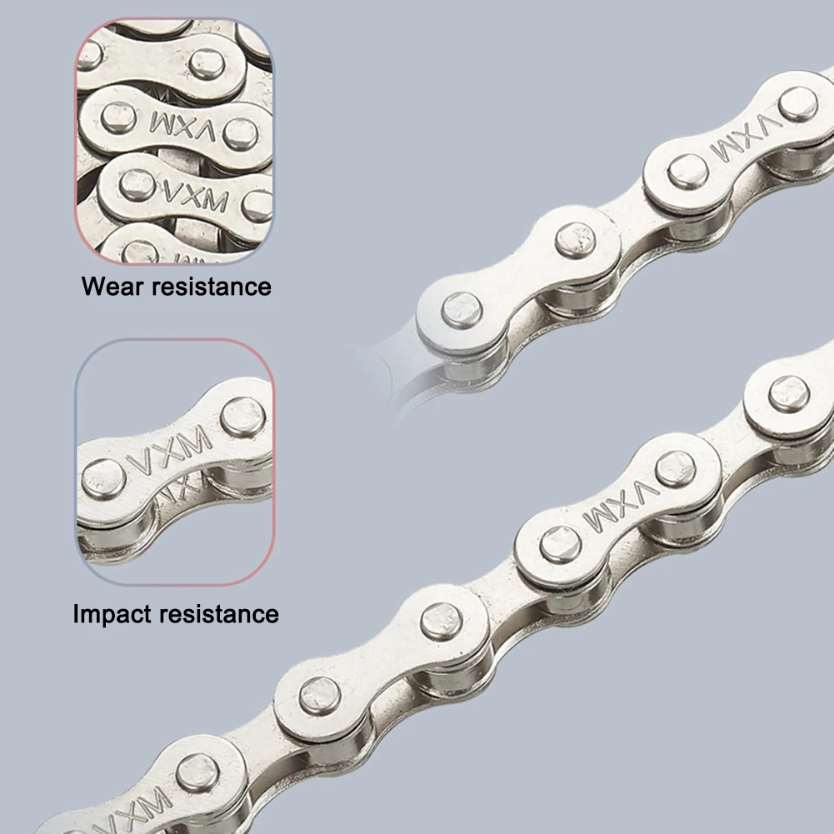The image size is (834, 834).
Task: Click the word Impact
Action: (112, 615)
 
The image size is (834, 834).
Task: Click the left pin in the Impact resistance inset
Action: (104, 478)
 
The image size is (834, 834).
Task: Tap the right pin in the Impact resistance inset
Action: (242, 416)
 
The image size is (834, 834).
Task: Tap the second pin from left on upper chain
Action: (576, 240)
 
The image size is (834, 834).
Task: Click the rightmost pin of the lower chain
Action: (788, 393)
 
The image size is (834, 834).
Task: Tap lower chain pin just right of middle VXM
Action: (675, 468)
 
